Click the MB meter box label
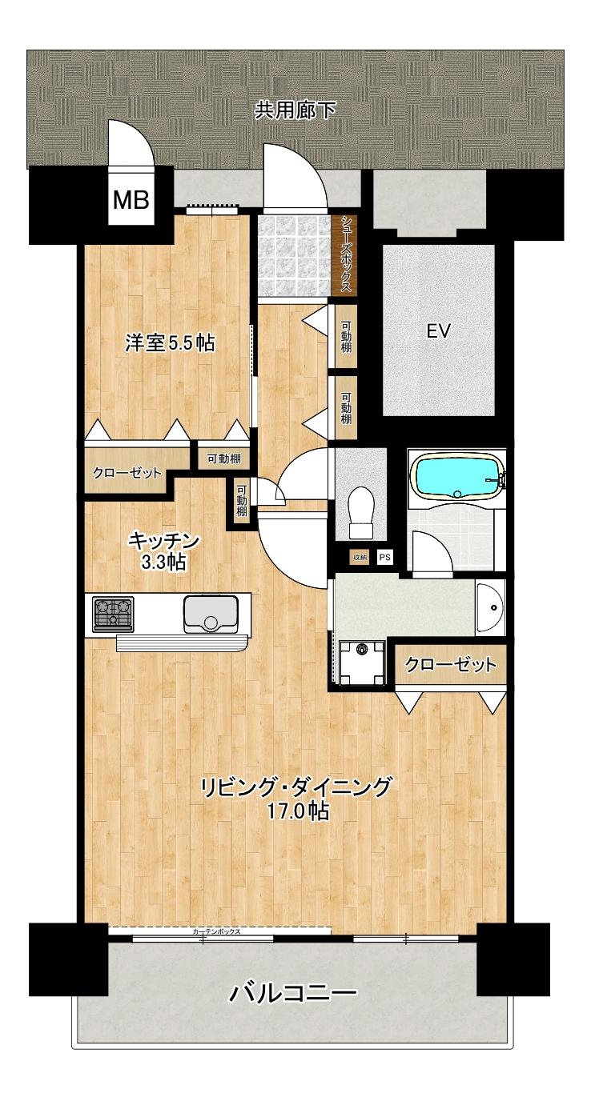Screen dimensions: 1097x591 click(131, 201)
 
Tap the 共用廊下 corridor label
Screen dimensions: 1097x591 click(295, 110)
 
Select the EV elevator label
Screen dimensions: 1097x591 click(438, 330)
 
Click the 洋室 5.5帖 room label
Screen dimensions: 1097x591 click(169, 343)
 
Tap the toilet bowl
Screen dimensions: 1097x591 click(362, 512)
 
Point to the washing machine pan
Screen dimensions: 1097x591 click(360, 663)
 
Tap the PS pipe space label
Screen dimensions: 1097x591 click(385, 557)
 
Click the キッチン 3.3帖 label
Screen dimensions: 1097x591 click(163, 551)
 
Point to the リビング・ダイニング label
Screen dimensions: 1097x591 click(296, 787)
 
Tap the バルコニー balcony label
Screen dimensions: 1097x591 click(293, 995)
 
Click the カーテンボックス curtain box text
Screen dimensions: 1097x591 click(217, 932)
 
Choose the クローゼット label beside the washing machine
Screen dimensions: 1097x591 click(451, 665)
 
